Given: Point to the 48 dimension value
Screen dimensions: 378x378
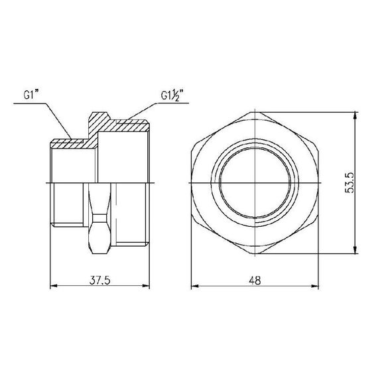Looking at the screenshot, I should point(255,280).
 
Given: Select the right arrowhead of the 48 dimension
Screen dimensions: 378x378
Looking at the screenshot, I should point(319,286).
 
